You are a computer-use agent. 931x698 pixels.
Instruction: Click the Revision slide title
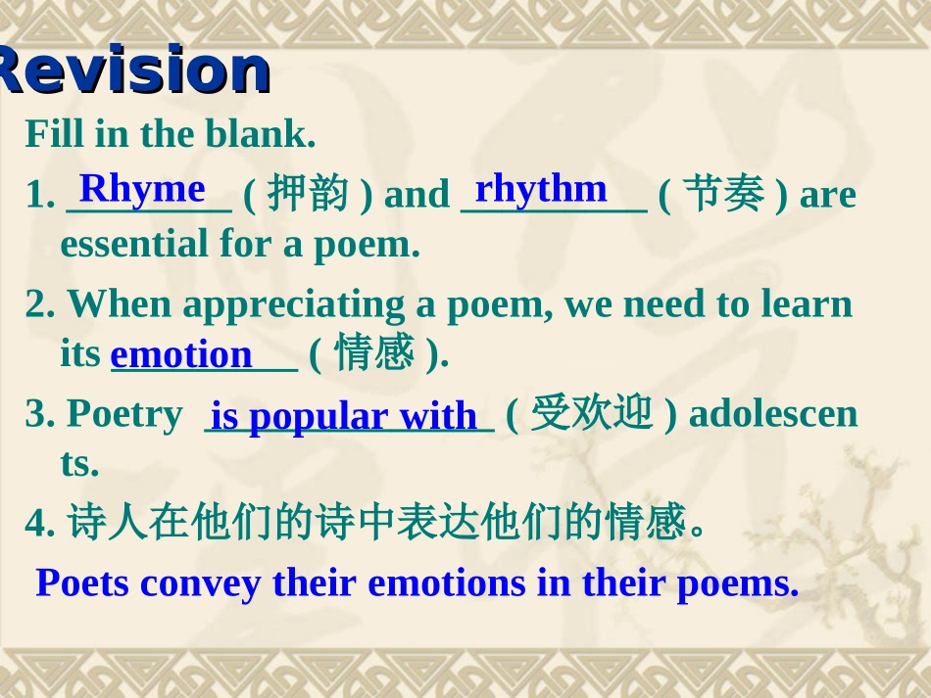pyautogui.click(x=132, y=70)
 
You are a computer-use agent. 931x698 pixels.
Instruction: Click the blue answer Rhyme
pyautogui.click(x=142, y=188)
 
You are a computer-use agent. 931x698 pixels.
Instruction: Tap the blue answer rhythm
pyautogui.click(x=541, y=188)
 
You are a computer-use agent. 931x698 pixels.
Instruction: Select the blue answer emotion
pyautogui.click(x=181, y=354)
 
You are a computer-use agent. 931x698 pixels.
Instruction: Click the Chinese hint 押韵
pyautogui.click(x=307, y=195)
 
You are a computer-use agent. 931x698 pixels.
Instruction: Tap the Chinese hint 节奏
pyautogui.click(x=722, y=195)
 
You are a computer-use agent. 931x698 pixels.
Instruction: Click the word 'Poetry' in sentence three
pyautogui.click(x=124, y=414)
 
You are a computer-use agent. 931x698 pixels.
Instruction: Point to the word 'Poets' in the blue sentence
pyautogui.click(x=82, y=583)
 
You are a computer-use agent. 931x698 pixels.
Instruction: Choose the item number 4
pyautogui.click(x=37, y=526)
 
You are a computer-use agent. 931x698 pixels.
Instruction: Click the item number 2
pyautogui.click(x=37, y=305)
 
